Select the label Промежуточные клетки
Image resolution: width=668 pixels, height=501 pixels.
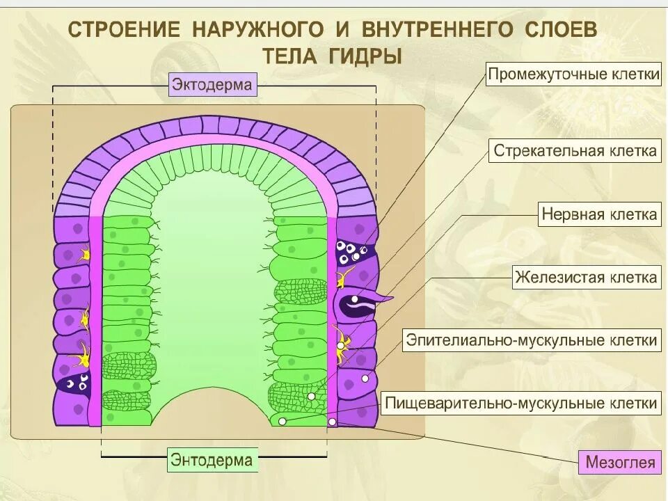(x=573, y=75)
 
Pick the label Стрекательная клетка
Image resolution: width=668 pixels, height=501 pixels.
(x=575, y=151)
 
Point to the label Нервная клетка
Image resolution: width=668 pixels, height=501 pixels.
(x=599, y=214)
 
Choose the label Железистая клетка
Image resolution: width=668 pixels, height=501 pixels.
(x=585, y=278)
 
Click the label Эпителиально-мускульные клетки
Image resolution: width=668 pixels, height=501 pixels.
(x=532, y=340)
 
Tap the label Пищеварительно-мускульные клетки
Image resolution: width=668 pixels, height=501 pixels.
(x=521, y=402)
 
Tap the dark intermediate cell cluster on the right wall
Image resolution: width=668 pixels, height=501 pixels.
(x=354, y=252)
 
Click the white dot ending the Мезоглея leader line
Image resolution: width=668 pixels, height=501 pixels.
(x=332, y=422)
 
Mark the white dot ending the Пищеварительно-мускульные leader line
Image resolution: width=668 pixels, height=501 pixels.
(x=281, y=422)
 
